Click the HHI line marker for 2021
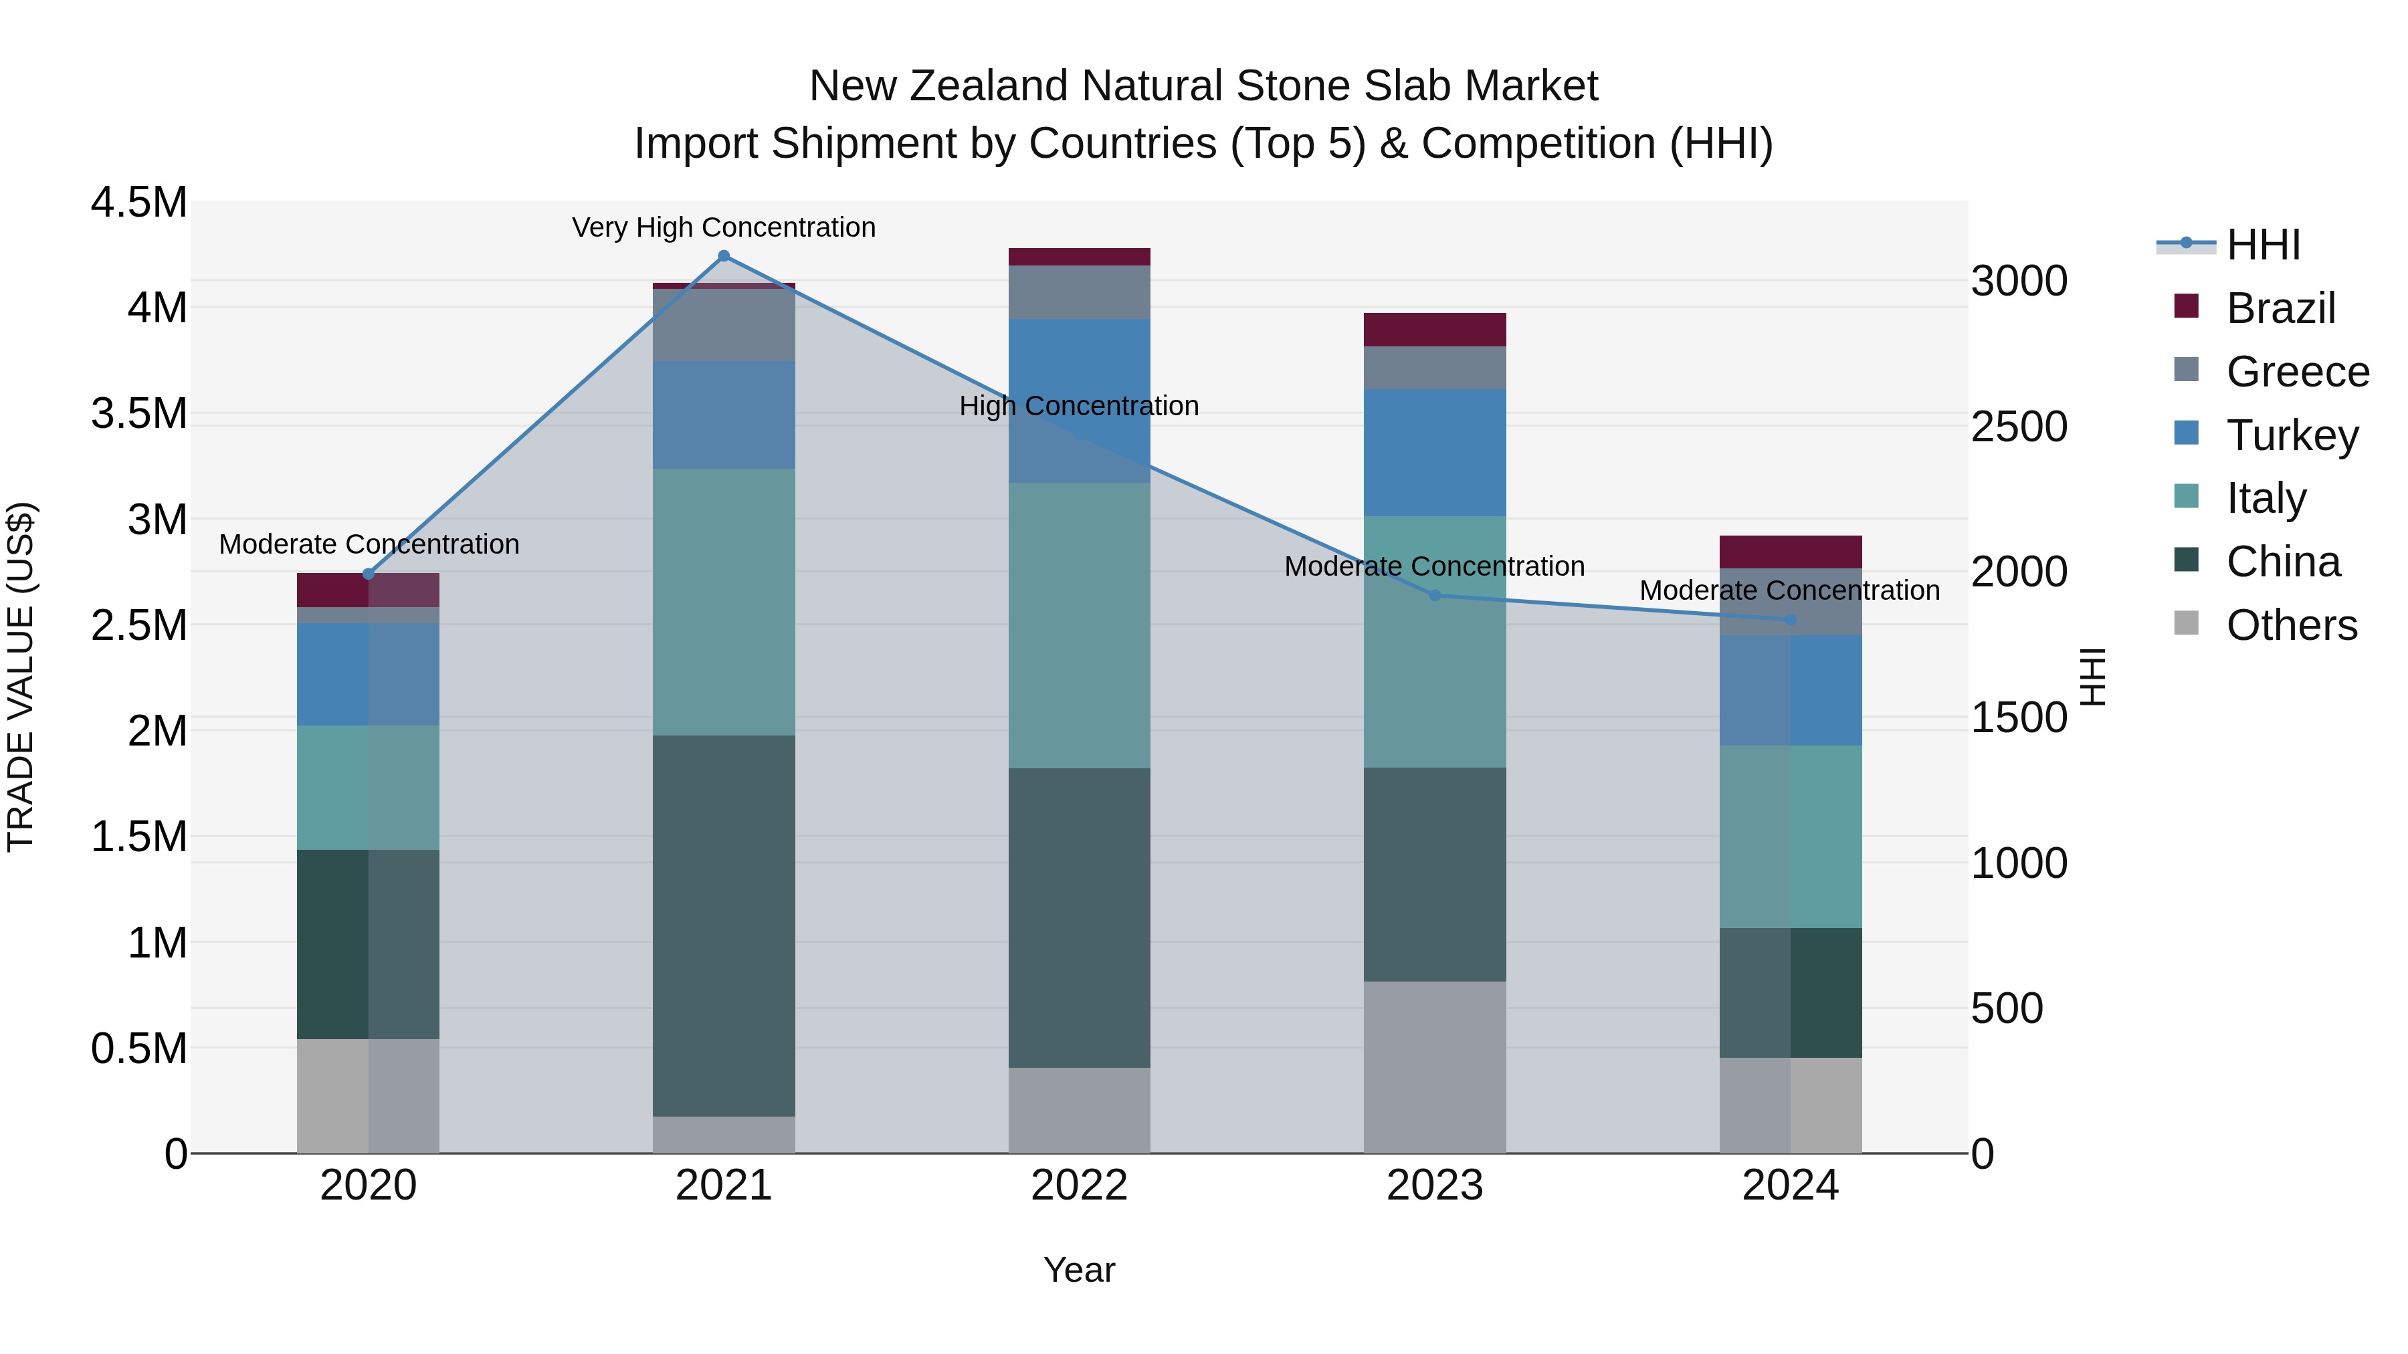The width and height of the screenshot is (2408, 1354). [724, 256]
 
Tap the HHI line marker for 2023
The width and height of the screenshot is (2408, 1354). [1435, 595]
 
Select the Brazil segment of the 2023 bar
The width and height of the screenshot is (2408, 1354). [1435, 330]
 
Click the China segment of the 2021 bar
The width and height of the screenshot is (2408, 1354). [724, 925]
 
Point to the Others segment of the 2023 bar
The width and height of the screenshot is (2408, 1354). [1435, 1066]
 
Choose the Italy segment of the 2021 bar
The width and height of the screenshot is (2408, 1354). [724, 602]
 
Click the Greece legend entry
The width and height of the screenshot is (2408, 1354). [2297, 372]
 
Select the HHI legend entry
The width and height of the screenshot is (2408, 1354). [2262, 245]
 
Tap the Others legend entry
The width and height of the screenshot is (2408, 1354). [2290, 625]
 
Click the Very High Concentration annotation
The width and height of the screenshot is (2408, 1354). [724, 227]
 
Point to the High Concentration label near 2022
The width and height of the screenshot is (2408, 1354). [1079, 406]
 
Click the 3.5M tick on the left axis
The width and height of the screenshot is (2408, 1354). [139, 413]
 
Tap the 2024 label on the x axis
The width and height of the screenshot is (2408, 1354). [1790, 1186]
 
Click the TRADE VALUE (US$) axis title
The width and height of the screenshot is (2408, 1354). [21, 677]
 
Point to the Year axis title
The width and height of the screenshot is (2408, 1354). [1079, 1270]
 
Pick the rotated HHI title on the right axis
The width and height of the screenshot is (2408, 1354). [2093, 677]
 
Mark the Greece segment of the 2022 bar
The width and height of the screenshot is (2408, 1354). [1079, 292]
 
